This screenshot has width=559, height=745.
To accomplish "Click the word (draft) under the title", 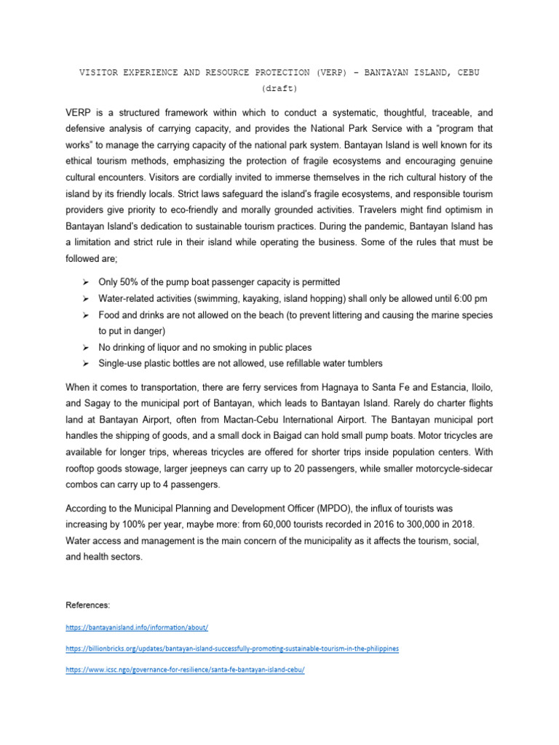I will click(x=279, y=89).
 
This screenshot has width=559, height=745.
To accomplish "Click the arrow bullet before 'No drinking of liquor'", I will click(x=85, y=347).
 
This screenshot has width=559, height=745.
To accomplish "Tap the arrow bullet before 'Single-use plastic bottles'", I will click(x=85, y=364).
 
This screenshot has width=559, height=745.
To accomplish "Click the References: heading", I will click(x=88, y=605).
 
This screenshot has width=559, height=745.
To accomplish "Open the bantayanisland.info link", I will click(x=137, y=626).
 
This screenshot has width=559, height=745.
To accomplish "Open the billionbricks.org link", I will click(x=231, y=648).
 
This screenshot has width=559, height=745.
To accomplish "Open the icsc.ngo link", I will click(x=184, y=670).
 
